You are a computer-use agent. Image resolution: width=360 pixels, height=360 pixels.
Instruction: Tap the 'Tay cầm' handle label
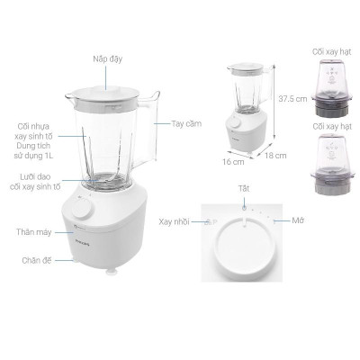185,123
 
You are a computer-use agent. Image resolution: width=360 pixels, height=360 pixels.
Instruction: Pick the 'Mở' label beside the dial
299,220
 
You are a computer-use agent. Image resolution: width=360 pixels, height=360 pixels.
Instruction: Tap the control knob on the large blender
82,210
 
